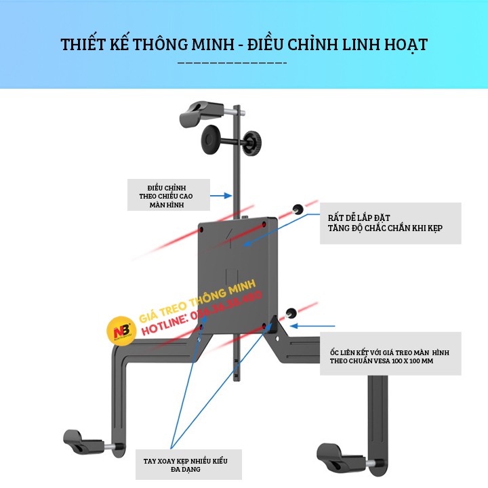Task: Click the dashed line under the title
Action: [232, 64]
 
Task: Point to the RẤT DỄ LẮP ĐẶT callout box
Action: [391, 223]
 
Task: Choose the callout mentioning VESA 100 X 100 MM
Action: [390, 353]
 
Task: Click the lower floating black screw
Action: [292, 312]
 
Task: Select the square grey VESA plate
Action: [237, 274]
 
